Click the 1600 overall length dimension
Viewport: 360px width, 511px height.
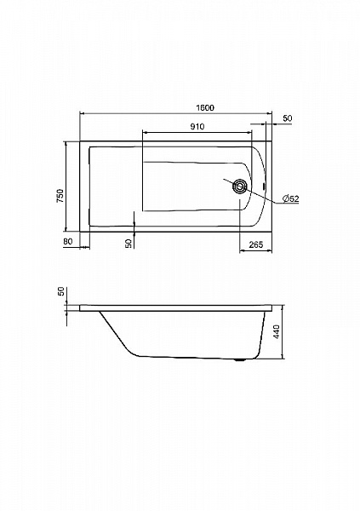coord(205,107)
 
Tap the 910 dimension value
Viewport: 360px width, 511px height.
coord(197,126)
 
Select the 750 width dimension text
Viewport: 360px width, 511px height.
coord(60,196)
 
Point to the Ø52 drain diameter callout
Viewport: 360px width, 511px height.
coord(290,198)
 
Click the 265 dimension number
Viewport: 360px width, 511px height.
coord(256,244)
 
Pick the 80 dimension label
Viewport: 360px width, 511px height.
coord(67,242)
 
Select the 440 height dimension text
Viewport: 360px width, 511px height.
coord(277,332)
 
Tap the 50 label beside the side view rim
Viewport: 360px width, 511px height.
coord(61,292)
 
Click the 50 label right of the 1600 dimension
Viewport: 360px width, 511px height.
coord(288,118)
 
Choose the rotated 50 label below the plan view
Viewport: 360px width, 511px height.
coord(128,243)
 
